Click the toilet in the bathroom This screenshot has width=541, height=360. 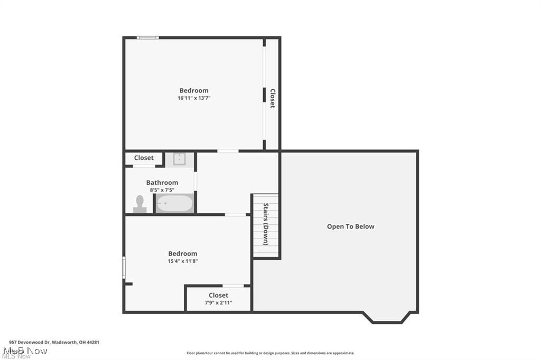pyautogui.click(x=140, y=204)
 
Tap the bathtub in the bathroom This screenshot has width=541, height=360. pyautogui.click(x=175, y=204)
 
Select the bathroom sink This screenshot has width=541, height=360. pyautogui.click(x=180, y=159)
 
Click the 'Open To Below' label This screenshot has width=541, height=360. pyautogui.click(x=350, y=226)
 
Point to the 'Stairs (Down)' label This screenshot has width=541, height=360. pyautogui.click(x=266, y=224)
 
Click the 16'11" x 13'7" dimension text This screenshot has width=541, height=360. pyautogui.click(x=194, y=98)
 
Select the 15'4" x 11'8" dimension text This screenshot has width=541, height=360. pyautogui.click(x=182, y=261)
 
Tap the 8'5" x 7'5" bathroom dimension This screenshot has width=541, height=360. pyautogui.click(x=162, y=190)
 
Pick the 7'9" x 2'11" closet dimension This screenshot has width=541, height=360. pyautogui.click(x=218, y=302)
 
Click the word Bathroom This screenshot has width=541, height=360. pyautogui.click(x=162, y=183)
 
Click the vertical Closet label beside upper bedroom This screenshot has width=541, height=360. pyautogui.click(x=273, y=98)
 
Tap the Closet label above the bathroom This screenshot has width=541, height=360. pyautogui.click(x=144, y=158)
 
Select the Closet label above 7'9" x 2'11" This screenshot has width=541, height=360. pyautogui.click(x=218, y=295)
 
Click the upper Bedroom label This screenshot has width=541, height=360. pyautogui.click(x=194, y=90)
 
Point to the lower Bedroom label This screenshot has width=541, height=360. pyautogui.click(x=182, y=253)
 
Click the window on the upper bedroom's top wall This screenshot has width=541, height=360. pyautogui.click(x=147, y=37)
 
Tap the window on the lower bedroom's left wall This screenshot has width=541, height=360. pyautogui.click(x=124, y=267)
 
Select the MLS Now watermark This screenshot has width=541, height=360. pyautogui.click(x=25, y=351)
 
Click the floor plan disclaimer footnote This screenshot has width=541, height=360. pyautogui.click(x=270, y=353)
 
